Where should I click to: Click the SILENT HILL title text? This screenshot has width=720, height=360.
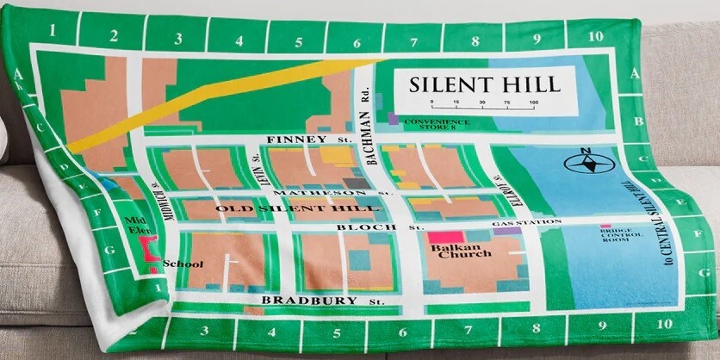tap(484, 84)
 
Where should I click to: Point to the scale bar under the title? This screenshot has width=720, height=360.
tap(482, 105)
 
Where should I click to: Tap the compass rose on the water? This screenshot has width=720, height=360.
tap(586, 161)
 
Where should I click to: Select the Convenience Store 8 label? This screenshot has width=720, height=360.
tap(438, 124)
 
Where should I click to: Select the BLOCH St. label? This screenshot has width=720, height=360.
tap(380, 226)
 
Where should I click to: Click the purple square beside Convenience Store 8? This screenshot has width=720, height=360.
tap(393, 118)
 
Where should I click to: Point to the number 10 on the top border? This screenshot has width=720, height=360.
tap(595, 37)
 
